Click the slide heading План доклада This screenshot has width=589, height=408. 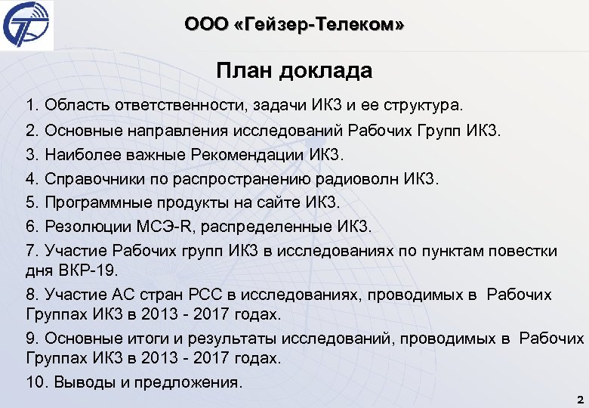click(x=294, y=71)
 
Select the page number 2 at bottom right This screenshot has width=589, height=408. click(x=578, y=399)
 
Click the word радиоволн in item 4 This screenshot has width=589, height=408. click(x=359, y=179)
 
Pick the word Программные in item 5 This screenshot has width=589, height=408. click(x=94, y=202)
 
